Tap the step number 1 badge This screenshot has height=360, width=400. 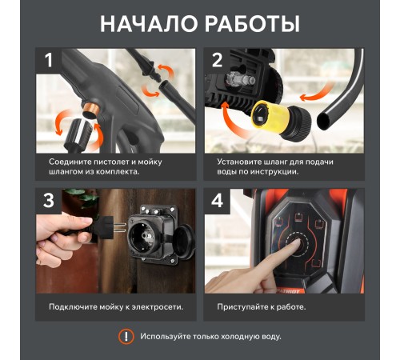click(x=50, y=62)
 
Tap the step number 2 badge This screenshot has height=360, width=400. click(x=217, y=62)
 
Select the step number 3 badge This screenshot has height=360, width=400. click(x=50, y=202)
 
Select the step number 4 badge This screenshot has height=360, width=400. click(x=217, y=202)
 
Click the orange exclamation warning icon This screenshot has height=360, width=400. click(x=126, y=337)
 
